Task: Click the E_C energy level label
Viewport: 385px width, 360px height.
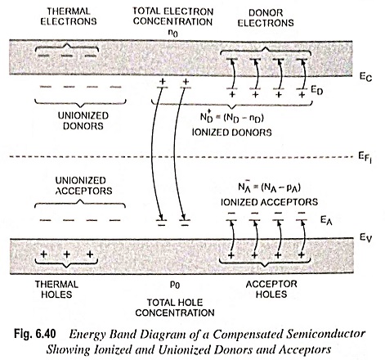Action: tap(365, 77)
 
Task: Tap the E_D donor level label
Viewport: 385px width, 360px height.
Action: tap(317, 91)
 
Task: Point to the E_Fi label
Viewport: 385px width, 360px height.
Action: tap(365, 158)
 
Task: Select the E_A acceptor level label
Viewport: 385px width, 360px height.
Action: tap(326, 220)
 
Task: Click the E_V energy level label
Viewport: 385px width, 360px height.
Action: tap(365, 238)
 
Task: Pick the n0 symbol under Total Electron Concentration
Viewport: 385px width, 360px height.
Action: tap(173, 34)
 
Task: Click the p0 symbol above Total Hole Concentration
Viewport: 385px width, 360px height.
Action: tap(175, 285)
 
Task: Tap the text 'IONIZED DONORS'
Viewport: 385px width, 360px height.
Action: tap(232, 133)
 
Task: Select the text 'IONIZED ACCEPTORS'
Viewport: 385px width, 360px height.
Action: tap(269, 202)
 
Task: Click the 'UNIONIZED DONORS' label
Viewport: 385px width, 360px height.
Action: tap(83, 120)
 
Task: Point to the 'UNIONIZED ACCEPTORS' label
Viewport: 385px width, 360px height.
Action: tap(83, 186)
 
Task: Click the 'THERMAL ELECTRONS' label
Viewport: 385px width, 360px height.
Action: tap(69, 16)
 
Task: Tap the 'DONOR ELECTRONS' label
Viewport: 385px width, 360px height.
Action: tap(266, 18)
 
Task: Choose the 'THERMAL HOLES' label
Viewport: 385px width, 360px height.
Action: tap(56, 290)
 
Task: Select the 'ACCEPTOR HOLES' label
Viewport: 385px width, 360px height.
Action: tap(271, 289)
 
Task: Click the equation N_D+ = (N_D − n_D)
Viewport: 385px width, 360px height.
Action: tap(232, 117)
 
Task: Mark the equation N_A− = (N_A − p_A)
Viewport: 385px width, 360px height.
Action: tap(270, 187)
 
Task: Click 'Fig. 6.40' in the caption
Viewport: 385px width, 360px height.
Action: tap(35, 334)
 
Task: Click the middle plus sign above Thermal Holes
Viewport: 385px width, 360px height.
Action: tap(67, 254)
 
